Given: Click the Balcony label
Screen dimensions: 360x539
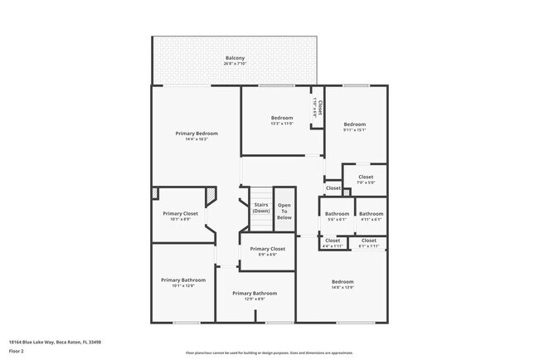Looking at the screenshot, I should (234, 58).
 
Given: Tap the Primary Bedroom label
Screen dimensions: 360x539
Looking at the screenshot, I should (197, 134).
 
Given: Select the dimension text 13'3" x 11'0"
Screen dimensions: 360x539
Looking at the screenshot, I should (282, 124).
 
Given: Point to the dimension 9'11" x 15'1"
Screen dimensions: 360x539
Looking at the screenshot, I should (355, 129).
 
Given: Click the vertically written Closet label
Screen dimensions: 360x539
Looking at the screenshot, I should (319, 107).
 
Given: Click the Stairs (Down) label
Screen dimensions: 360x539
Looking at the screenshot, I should (261, 207).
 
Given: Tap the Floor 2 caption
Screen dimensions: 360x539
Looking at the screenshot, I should (17, 352).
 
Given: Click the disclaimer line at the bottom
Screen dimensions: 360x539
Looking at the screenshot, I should (269, 353).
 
